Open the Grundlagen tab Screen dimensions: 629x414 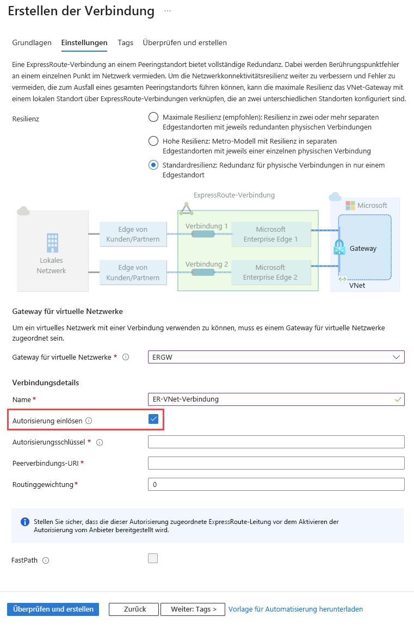(32, 42)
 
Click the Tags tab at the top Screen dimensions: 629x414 (125, 42)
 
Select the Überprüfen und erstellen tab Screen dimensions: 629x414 (184, 42)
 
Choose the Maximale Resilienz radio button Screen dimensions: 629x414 (153, 117)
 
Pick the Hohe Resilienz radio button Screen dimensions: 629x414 (153, 141)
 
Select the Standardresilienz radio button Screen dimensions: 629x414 (153, 165)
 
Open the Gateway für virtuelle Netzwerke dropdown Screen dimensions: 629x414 (276, 357)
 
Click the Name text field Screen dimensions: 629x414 (276, 399)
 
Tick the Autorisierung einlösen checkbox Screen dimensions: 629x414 (153, 419)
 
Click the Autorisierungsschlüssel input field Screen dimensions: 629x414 (276, 442)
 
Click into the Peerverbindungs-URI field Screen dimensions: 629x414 (276, 463)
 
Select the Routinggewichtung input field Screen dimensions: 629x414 (276, 484)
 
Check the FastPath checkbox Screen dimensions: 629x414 (153, 558)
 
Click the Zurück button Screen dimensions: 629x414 (134, 609)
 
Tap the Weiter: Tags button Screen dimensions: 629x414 (193, 609)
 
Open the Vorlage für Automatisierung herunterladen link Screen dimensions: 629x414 (295, 609)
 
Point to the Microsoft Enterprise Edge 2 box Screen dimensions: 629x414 (270, 272)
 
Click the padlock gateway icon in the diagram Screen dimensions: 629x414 (340, 247)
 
